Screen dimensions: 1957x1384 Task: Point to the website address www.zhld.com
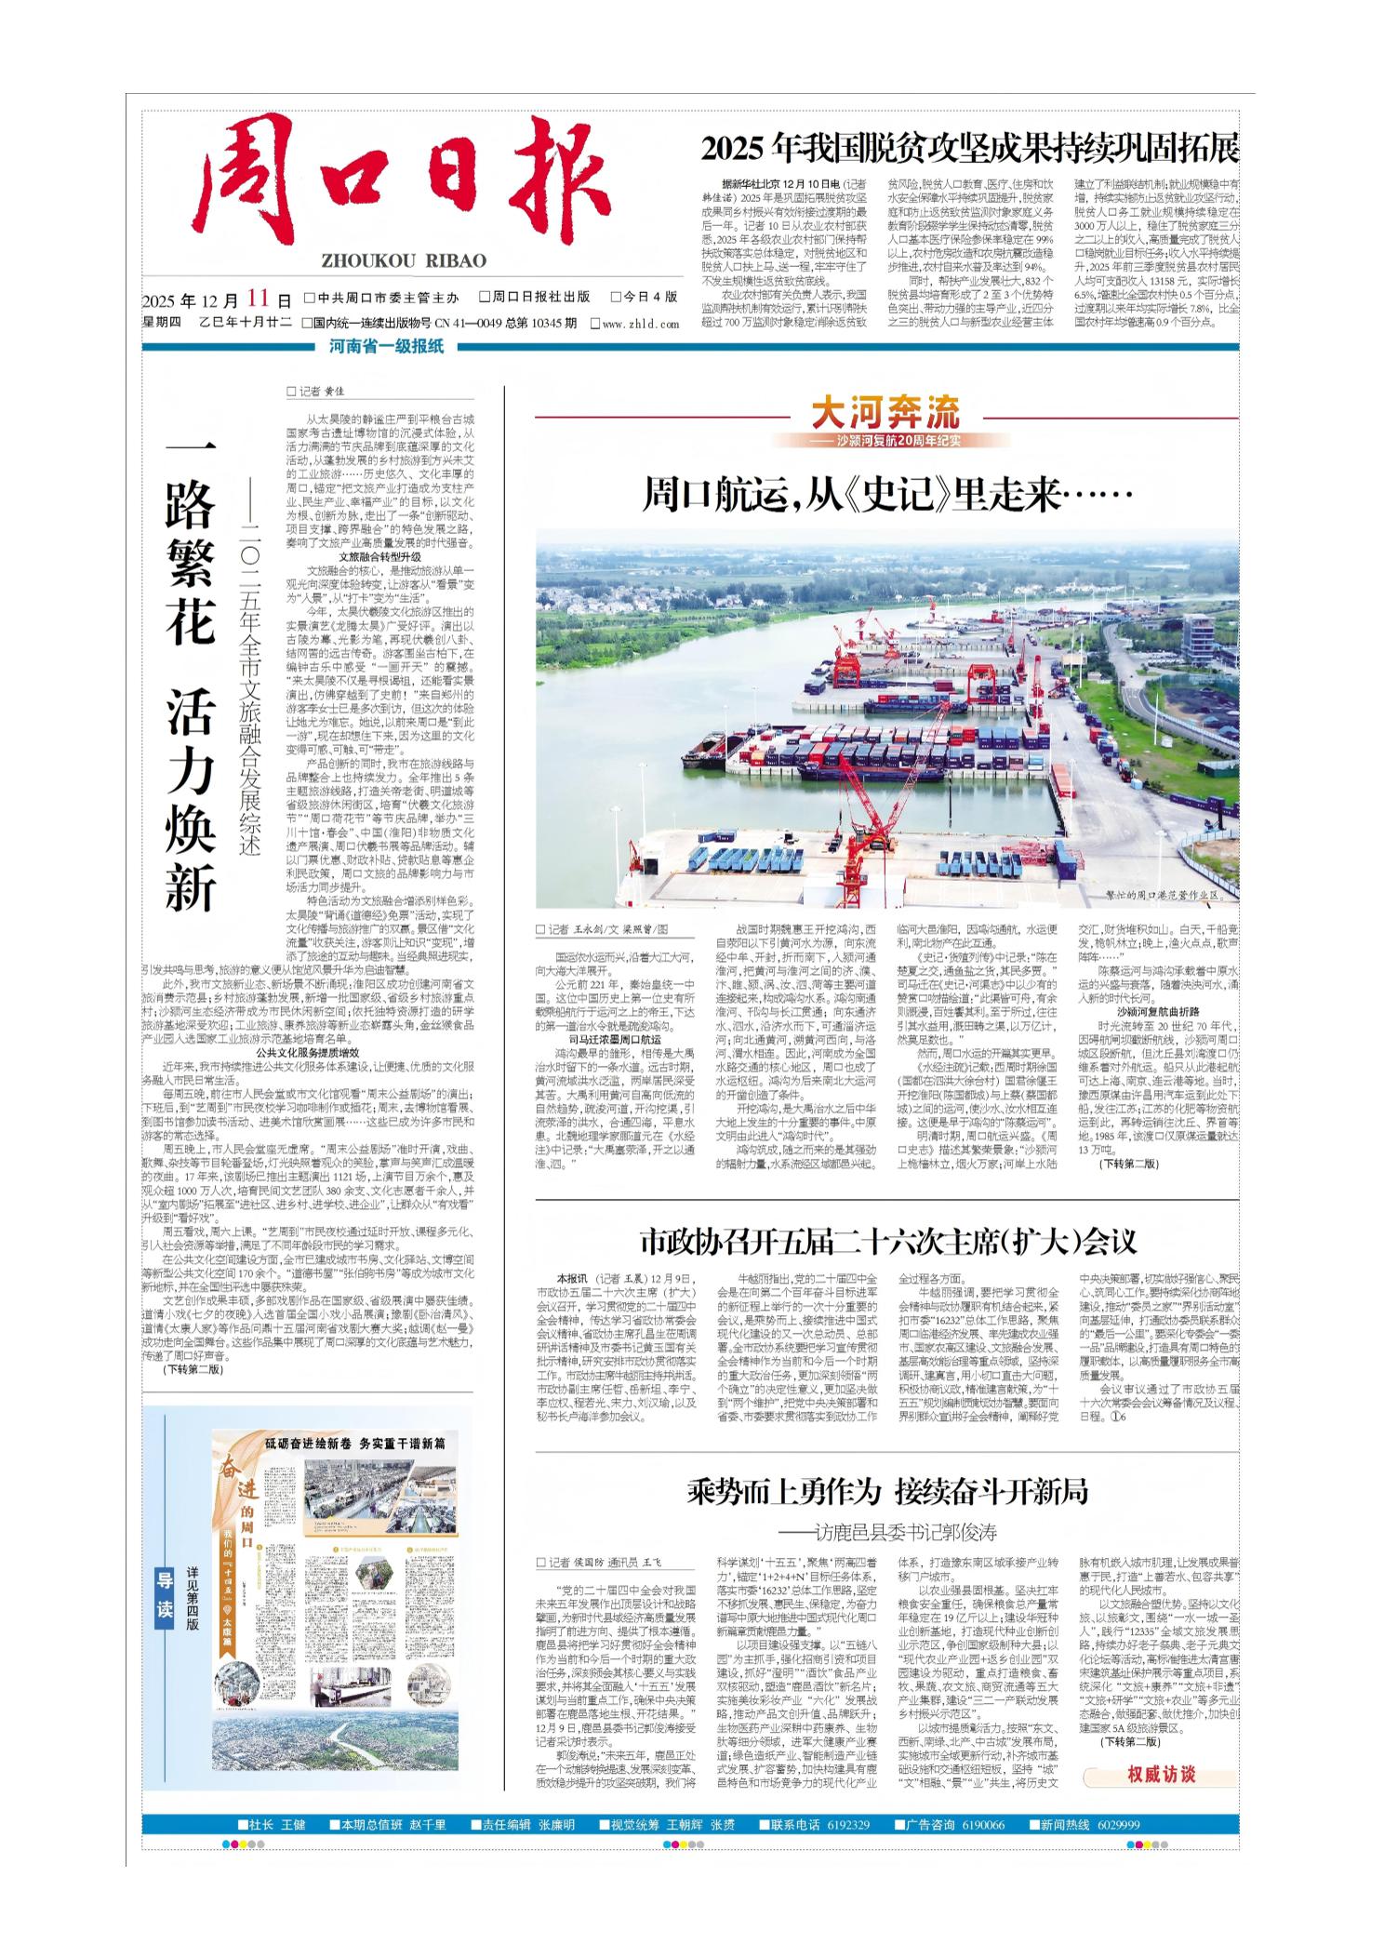tap(640, 324)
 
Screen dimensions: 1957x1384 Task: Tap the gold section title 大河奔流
tap(885, 411)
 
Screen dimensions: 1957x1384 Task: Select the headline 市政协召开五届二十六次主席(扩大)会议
tap(887, 1241)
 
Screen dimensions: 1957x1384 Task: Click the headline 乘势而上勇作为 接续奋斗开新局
tap(887, 1493)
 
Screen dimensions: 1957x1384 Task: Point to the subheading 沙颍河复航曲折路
tap(1157, 1010)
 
